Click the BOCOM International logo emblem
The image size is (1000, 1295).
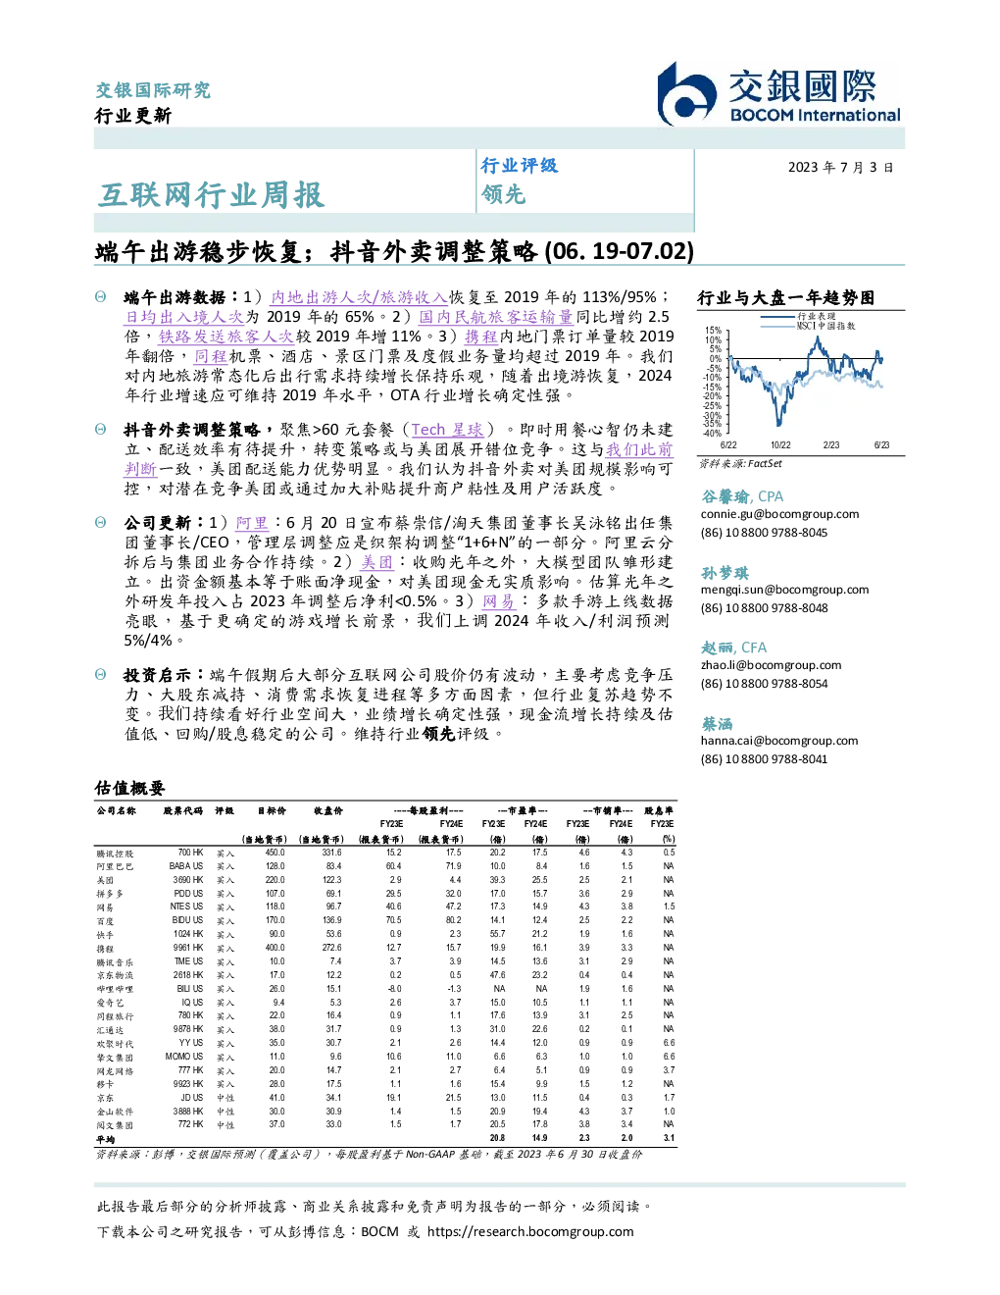(x=686, y=94)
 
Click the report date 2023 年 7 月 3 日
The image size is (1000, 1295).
(x=840, y=168)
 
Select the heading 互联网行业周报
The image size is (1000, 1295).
(x=211, y=195)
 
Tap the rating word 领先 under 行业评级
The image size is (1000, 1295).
(x=503, y=194)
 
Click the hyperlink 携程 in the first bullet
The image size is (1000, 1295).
(x=480, y=337)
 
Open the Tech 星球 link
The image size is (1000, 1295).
(x=447, y=429)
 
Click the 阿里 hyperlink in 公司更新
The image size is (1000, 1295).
(x=252, y=523)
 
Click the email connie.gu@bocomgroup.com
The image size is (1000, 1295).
(x=779, y=514)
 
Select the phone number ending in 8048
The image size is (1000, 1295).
(x=764, y=608)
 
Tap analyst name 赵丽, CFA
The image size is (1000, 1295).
(x=733, y=647)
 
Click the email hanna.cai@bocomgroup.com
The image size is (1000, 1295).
(x=779, y=740)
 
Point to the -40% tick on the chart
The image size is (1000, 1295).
(x=713, y=434)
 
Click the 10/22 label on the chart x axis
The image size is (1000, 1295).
(x=780, y=445)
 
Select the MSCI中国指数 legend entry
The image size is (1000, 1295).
(x=825, y=326)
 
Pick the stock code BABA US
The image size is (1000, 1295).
(x=186, y=866)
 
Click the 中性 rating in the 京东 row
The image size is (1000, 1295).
(x=225, y=1098)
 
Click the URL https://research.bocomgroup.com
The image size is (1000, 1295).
(x=530, y=1231)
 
